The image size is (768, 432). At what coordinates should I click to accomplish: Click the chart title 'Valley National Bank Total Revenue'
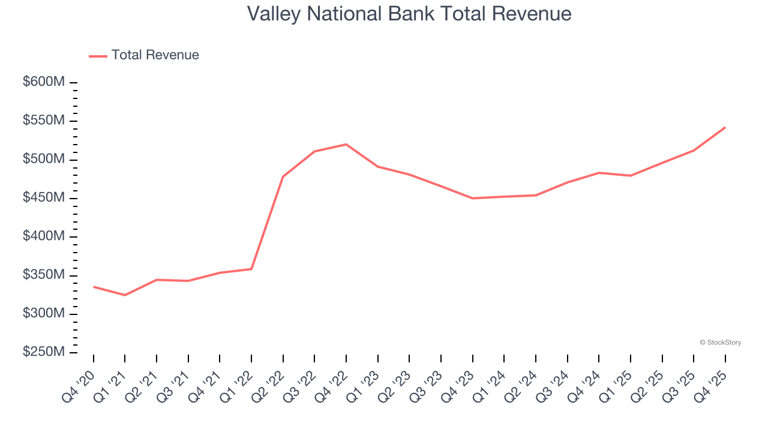[409, 14]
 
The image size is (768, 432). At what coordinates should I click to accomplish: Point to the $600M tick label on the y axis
[44, 82]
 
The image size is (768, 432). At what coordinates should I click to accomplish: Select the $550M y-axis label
[44, 121]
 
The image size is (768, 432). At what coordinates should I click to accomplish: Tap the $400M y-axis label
[44, 236]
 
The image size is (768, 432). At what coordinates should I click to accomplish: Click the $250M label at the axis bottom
[44, 352]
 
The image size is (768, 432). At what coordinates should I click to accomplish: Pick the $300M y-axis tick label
[44, 314]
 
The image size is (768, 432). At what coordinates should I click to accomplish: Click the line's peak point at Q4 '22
[346, 145]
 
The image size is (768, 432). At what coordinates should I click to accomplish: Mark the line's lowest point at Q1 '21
[125, 295]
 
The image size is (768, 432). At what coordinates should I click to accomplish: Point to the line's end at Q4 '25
[725, 127]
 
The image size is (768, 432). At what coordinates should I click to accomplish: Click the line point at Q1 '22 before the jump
[251, 269]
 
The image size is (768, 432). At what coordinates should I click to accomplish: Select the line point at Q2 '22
[283, 176]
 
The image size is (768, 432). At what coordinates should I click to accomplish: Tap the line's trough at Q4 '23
[473, 198]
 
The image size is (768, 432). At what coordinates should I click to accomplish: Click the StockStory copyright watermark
[720, 343]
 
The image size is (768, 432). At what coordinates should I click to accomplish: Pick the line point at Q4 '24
[599, 173]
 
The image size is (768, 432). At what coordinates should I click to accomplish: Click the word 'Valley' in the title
[273, 14]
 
